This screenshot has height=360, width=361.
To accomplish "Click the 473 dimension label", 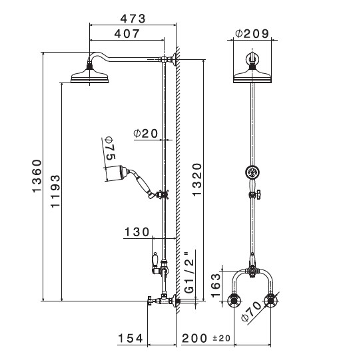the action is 133,19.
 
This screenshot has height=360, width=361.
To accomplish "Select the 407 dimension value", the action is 127,34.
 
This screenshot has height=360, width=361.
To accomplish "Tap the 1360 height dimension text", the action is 37,176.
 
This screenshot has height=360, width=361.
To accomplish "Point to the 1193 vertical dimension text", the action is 55,191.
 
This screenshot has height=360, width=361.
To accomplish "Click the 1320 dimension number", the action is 197,180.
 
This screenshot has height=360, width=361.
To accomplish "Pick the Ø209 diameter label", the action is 252,33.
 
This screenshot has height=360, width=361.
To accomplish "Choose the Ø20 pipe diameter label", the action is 146,133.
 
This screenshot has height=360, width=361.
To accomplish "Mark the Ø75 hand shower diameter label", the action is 110,148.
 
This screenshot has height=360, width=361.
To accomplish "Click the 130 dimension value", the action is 137,232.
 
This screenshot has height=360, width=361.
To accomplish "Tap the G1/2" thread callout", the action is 190,273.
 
